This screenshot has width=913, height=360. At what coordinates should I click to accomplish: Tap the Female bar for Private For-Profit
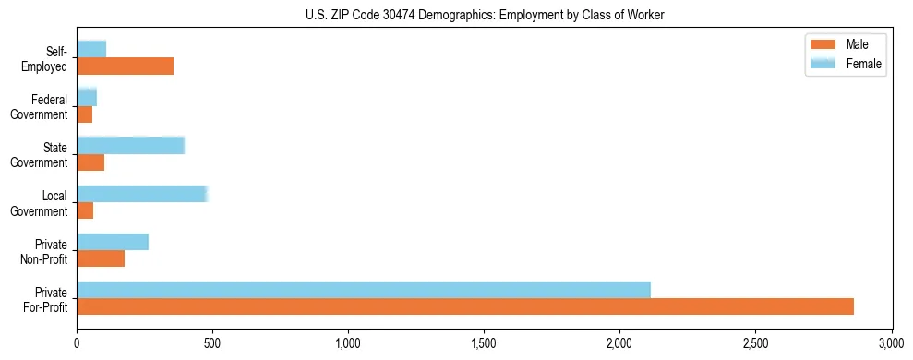click(x=364, y=290)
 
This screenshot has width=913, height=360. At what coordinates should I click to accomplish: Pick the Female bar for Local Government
click(x=142, y=194)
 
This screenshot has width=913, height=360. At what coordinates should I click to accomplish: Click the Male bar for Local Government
click(x=85, y=210)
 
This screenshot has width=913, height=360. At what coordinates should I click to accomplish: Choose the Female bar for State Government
click(x=131, y=145)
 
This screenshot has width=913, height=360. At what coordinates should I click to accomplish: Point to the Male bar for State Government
click(x=90, y=162)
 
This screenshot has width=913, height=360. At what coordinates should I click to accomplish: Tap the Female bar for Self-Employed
click(x=91, y=49)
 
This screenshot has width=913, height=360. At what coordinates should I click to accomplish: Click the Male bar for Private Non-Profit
click(x=101, y=258)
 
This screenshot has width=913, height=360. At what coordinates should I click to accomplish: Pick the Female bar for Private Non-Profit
click(x=113, y=242)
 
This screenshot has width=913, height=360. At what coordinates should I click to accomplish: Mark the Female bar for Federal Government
click(x=87, y=97)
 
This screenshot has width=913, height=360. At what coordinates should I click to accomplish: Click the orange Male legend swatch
click(x=822, y=44)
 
